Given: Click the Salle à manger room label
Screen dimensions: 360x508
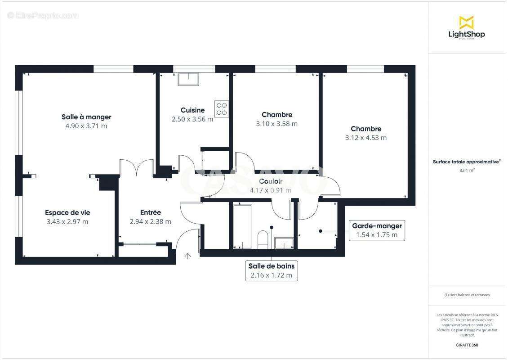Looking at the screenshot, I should point(86,117).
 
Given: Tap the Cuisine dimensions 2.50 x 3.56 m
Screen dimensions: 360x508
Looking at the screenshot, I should point(192,119).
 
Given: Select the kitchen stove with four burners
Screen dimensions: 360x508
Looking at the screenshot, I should point(222,108).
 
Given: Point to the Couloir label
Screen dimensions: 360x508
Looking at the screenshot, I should point(271,181).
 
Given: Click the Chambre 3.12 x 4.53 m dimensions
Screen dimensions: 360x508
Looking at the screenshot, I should point(365,138).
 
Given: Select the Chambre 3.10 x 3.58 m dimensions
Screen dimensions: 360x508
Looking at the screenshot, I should point(276,124).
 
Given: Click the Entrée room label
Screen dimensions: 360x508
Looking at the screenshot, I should point(150,212).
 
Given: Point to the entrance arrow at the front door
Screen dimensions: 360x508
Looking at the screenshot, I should point(187,256).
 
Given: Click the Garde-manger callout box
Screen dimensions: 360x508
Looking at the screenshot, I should point(376,230).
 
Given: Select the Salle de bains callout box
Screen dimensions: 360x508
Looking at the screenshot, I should point(271,271).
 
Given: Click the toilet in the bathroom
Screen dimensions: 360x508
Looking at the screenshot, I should point(263,239).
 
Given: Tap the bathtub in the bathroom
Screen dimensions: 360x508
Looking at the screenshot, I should point(242,226).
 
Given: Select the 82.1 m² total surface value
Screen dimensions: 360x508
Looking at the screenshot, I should point(467,170).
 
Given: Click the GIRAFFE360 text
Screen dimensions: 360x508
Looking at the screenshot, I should point(467,345).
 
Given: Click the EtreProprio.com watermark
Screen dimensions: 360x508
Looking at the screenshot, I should point(43,15).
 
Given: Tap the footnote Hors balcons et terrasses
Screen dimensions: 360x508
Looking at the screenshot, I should point(467,295).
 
